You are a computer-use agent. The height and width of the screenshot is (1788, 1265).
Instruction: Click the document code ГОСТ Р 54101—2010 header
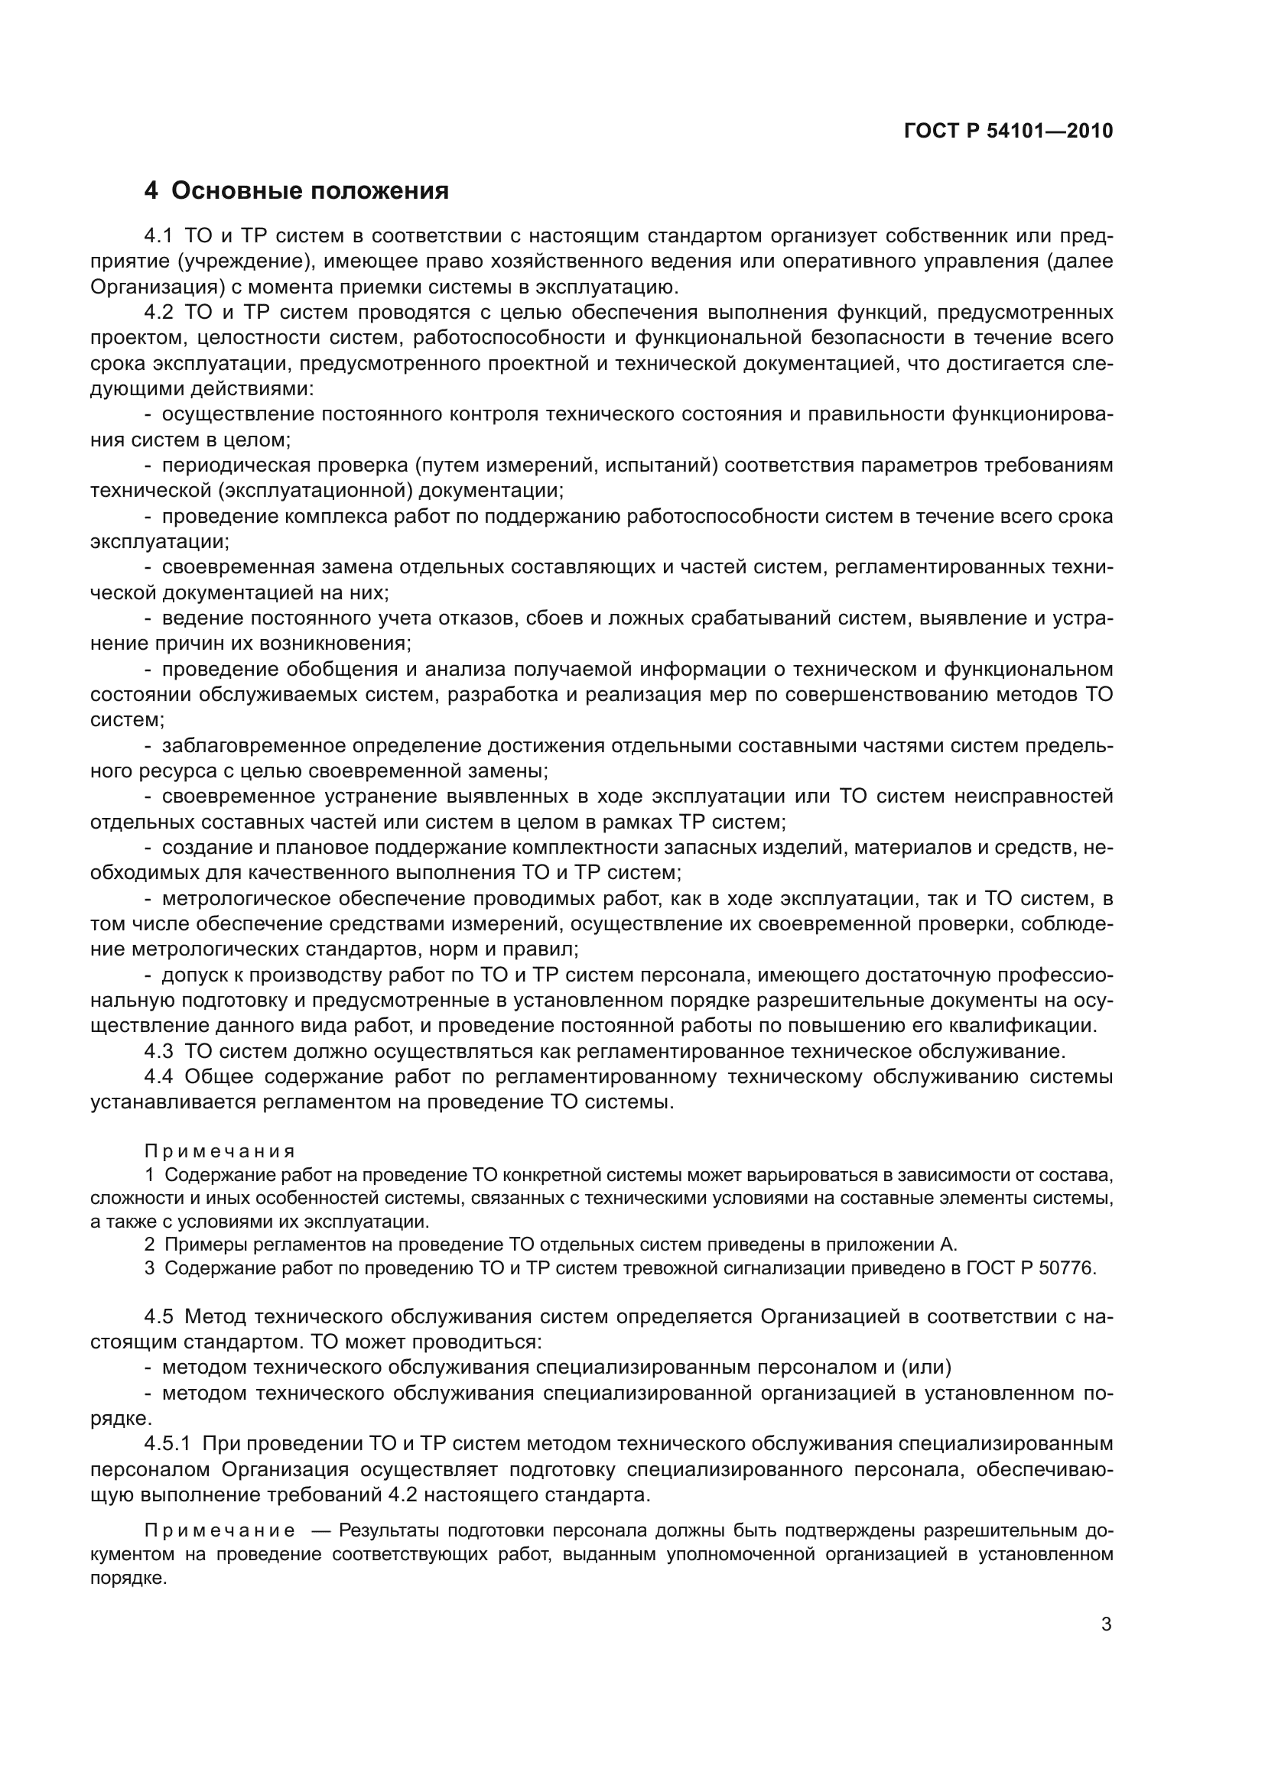1008,131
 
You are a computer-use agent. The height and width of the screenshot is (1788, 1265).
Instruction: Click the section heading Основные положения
309,191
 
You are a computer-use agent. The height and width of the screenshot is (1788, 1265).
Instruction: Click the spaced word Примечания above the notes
220,1151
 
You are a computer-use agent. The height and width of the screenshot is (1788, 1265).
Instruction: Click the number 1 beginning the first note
150,1175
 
